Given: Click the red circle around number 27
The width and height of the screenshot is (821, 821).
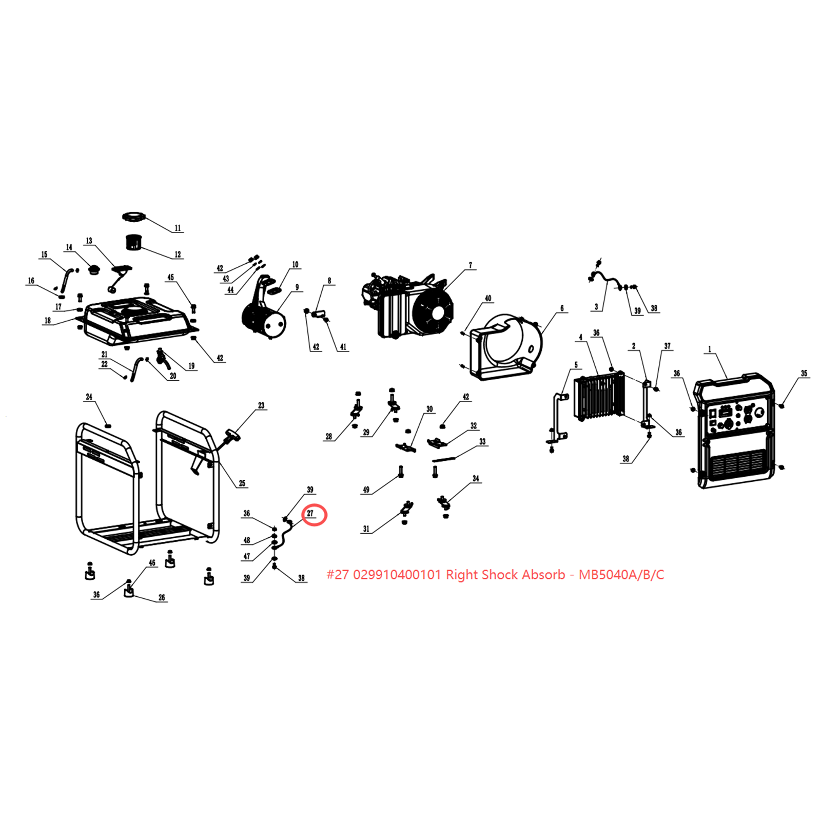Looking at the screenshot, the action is (x=315, y=515).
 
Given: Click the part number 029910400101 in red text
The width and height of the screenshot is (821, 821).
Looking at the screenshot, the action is (x=397, y=575).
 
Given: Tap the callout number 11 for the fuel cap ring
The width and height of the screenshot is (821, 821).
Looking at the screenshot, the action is (x=178, y=228).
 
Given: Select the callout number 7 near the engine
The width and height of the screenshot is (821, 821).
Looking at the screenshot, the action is (x=470, y=265).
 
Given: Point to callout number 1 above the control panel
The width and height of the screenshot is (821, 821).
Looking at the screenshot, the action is (x=710, y=349).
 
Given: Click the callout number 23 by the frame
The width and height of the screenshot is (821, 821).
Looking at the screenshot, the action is (x=261, y=405).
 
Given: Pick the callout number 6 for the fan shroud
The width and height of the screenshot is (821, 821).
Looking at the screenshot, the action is (x=562, y=308).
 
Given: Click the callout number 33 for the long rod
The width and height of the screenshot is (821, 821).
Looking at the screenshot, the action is (x=482, y=441).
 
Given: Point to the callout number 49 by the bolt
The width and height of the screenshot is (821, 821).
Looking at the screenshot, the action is (x=366, y=490).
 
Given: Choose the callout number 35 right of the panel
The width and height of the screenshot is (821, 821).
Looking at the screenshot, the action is (x=804, y=374).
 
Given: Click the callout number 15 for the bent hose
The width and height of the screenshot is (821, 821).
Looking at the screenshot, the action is (x=44, y=255).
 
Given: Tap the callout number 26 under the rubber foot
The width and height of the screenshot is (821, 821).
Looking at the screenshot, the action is (x=162, y=597).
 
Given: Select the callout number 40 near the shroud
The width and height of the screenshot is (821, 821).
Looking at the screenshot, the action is (x=488, y=298).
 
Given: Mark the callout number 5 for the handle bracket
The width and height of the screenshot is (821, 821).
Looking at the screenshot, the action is (x=576, y=365).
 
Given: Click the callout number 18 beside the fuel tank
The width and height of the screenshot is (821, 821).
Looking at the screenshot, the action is (x=48, y=321).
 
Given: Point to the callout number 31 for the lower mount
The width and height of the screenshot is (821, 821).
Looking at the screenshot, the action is (x=366, y=529).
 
